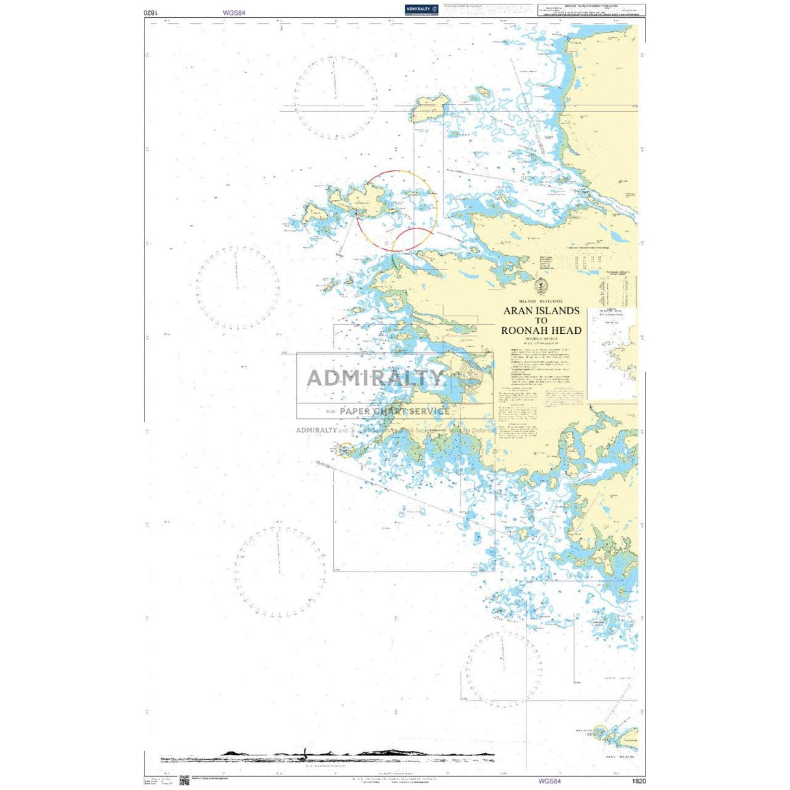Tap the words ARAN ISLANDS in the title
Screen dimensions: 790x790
click(541, 311)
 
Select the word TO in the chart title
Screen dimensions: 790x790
click(541, 321)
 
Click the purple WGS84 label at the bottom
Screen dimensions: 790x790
click(549, 781)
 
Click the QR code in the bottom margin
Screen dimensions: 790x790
click(184, 780)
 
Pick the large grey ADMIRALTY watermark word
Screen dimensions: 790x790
click(375, 377)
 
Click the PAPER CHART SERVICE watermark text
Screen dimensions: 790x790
click(394, 411)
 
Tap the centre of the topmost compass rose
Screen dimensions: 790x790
click(336, 98)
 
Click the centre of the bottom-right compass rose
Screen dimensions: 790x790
click(502, 669)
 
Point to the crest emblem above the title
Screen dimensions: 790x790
click(541, 286)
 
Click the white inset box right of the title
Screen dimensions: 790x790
click(612, 354)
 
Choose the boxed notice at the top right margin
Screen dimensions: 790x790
click(591, 10)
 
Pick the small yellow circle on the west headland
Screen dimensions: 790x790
click(346, 450)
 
